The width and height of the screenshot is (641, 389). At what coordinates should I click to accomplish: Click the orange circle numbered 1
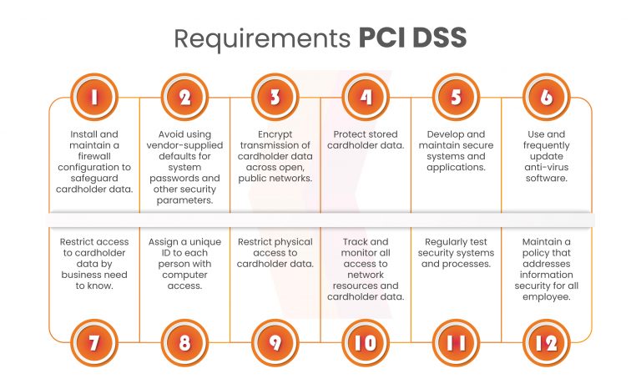click(94, 98)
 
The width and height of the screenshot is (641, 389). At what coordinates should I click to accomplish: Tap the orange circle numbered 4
click(365, 98)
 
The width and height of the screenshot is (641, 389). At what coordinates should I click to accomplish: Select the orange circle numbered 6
click(546, 98)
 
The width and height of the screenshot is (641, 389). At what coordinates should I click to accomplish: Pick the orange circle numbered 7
click(94, 342)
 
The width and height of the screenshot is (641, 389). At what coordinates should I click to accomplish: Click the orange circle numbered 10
click(365, 342)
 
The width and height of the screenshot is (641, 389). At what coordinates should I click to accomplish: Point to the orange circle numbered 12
click(546, 342)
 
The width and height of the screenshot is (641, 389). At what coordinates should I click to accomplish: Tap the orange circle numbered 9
click(275, 342)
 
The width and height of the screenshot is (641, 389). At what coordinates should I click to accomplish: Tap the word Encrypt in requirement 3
click(275, 134)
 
